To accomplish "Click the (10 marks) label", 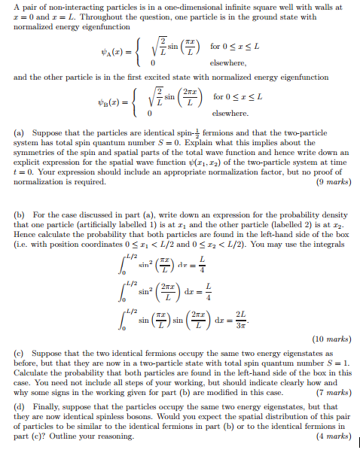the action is (328, 340).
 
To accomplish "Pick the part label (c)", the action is (20, 352).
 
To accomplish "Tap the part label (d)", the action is (20, 405).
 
